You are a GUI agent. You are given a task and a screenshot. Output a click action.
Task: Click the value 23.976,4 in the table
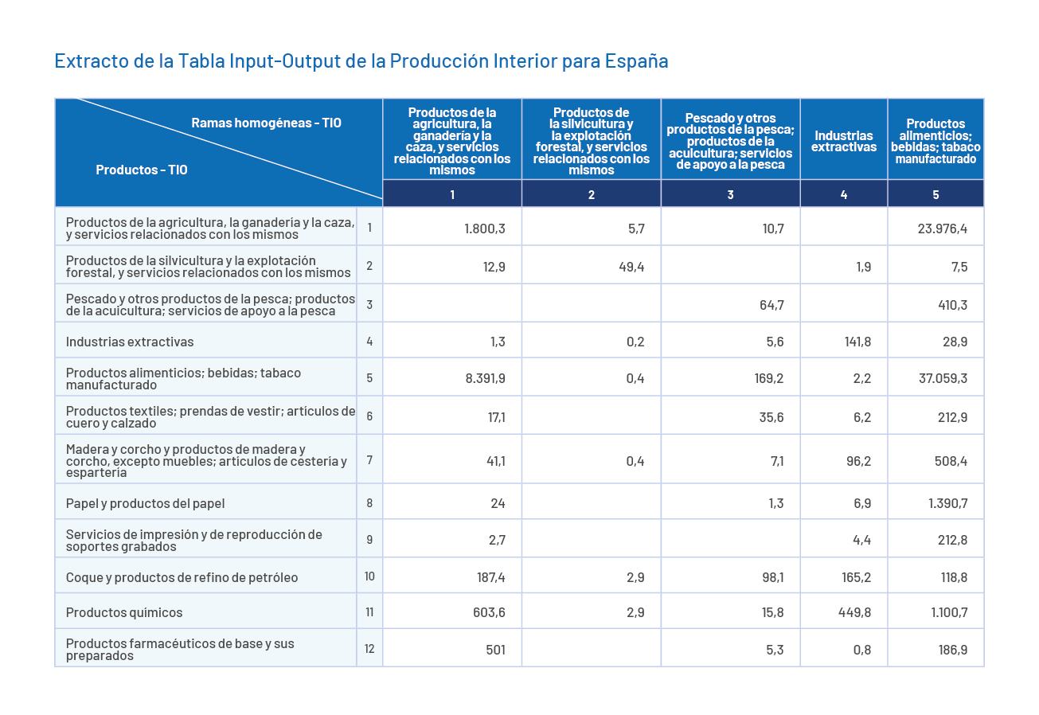pyautogui.click(x=943, y=229)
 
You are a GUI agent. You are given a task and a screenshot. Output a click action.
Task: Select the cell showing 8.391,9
pyautogui.click(x=485, y=378)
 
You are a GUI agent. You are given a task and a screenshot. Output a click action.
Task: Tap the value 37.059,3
pyautogui.click(x=943, y=378)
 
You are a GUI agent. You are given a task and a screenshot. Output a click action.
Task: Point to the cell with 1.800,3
pyautogui.click(x=485, y=229)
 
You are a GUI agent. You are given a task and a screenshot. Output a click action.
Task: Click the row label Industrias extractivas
pyautogui.click(x=130, y=342)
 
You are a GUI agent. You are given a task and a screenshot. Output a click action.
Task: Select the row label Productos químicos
pyautogui.click(x=124, y=612)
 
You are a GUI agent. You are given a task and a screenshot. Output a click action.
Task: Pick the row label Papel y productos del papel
pyautogui.click(x=146, y=503)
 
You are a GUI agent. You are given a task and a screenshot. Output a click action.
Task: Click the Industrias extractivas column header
pyautogui.click(x=843, y=141)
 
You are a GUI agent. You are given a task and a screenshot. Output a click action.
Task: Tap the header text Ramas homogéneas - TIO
pyautogui.click(x=266, y=123)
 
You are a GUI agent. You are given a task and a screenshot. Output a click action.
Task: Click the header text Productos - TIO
pyautogui.click(x=142, y=170)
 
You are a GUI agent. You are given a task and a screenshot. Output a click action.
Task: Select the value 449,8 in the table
pyautogui.click(x=856, y=612)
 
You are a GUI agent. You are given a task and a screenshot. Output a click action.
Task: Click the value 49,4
pyautogui.click(x=631, y=267)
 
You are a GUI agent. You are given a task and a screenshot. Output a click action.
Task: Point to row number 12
pyautogui.click(x=369, y=649)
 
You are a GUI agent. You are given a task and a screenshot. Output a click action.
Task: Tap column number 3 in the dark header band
pyautogui.click(x=730, y=194)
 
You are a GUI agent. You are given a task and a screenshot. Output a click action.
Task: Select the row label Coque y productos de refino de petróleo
pyautogui.click(x=182, y=577)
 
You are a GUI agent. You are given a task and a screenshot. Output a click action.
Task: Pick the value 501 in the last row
pyautogui.click(x=495, y=650)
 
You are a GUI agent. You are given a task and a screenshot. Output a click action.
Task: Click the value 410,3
pyautogui.click(x=951, y=305)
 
